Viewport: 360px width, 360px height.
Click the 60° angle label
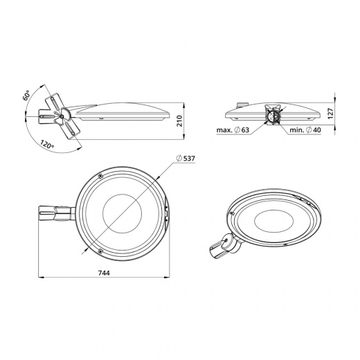point(26,95)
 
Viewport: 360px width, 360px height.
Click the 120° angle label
point(47,144)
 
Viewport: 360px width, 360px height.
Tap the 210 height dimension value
point(179,121)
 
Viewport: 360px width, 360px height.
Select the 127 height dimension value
point(331,114)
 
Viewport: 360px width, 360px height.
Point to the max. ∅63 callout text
point(233,130)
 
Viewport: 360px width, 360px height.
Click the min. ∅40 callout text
point(305,130)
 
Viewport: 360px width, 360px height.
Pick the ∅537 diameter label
point(186,159)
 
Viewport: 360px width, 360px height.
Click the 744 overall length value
point(104,273)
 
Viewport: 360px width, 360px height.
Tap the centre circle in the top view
point(122,213)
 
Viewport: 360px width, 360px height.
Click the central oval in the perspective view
point(273,222)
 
